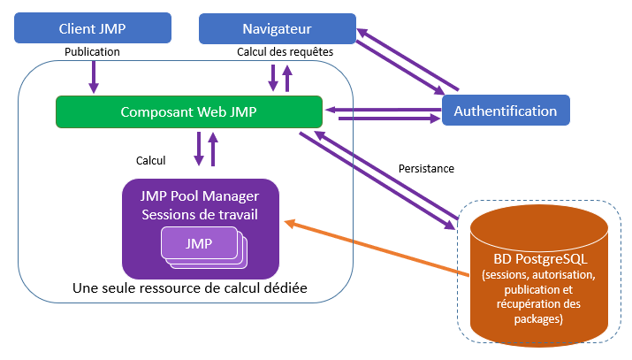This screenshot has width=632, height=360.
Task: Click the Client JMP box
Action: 92,28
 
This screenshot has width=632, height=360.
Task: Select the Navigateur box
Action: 277,28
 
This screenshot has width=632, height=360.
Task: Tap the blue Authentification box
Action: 505,111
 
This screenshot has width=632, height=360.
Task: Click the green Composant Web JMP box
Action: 187,112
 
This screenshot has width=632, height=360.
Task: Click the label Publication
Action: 92,51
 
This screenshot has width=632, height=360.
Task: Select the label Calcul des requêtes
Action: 285,51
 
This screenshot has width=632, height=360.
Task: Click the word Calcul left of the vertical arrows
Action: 150,161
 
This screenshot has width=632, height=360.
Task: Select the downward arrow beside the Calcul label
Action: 199,148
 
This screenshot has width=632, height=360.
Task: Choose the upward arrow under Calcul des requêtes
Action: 286,78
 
